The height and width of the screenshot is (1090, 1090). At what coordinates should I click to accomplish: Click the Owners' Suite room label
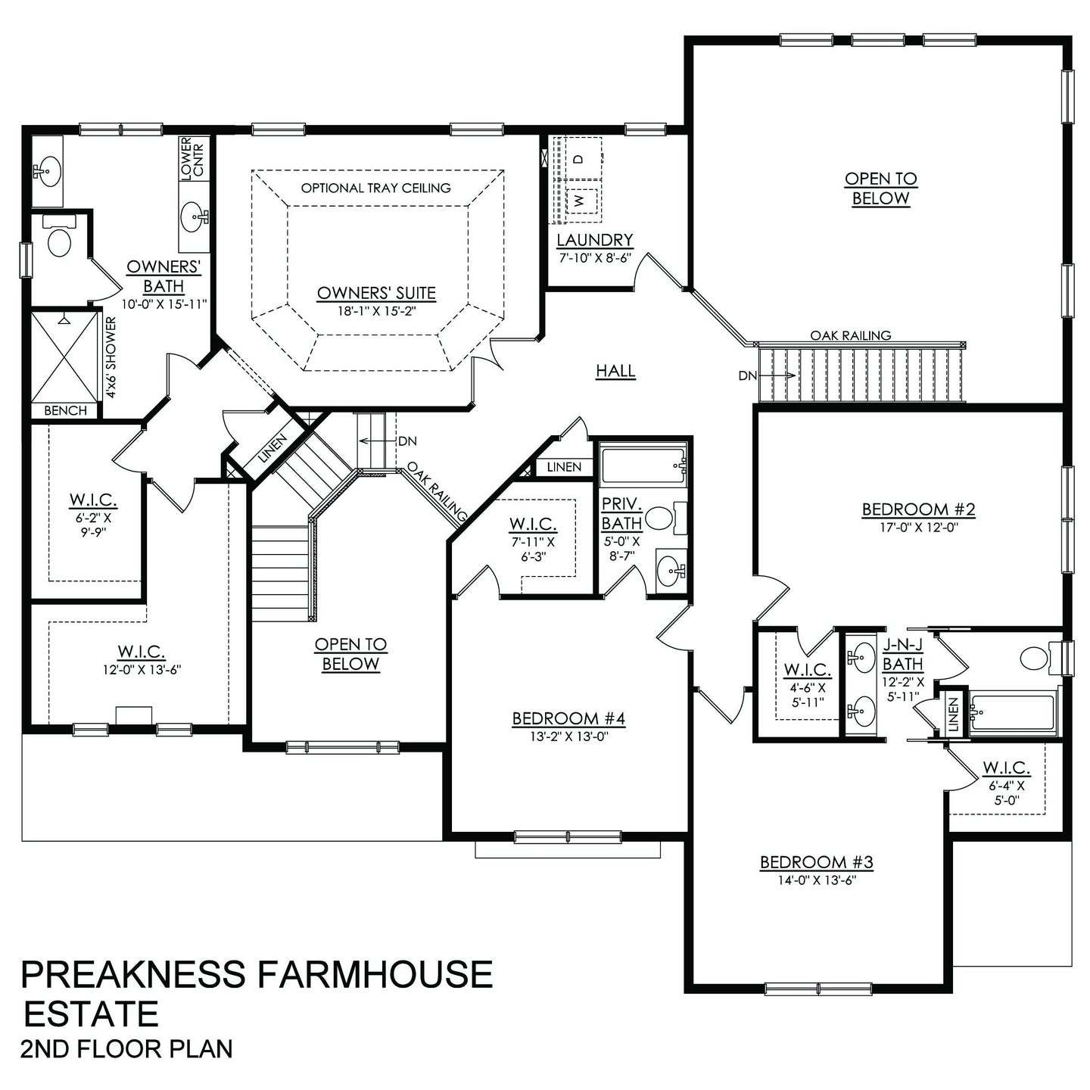[376, 293]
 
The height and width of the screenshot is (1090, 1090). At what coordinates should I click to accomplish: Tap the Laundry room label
[594, 241]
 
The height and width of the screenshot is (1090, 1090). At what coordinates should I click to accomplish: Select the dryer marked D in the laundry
[578, 159]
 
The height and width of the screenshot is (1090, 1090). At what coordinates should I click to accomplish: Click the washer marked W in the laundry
[579, 201]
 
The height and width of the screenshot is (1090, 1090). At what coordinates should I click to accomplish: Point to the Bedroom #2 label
[918, 509]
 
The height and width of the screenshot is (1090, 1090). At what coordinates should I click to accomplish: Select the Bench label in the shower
[65, 411]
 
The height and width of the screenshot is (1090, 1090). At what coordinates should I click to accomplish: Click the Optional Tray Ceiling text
[375, 188]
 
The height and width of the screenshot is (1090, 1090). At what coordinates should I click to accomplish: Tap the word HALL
[615, 371]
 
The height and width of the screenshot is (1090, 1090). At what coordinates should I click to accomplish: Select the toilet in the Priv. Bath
[661, 519]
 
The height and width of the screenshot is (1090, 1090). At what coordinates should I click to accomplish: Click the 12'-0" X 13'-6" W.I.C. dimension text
[142, 669]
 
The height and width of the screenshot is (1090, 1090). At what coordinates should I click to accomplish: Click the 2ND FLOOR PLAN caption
[126, 1049]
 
